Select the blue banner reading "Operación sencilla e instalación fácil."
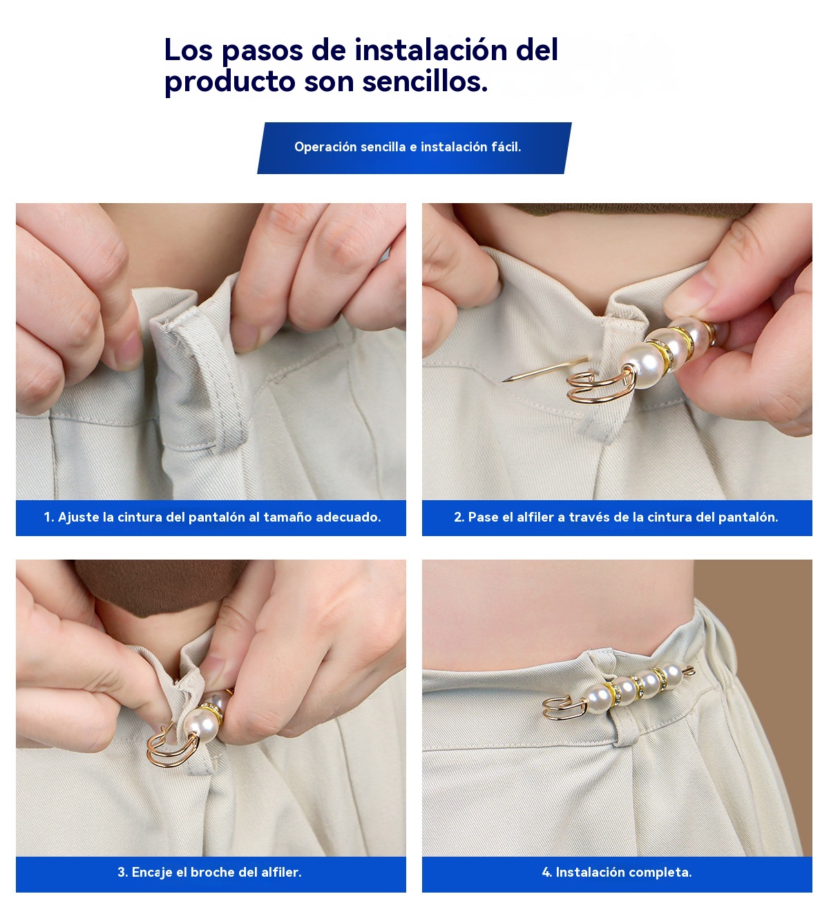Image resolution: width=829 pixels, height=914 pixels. coord(414,148)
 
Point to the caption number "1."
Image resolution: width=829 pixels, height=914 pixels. coord(49,517)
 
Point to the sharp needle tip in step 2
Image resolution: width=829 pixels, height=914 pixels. coord(503,380)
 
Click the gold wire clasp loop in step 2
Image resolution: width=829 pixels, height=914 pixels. coord(599,386)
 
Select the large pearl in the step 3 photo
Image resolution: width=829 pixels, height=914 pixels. coord(202,725)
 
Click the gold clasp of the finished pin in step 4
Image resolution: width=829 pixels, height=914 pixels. coord(564,710)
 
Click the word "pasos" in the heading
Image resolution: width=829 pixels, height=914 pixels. coord(262,50)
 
